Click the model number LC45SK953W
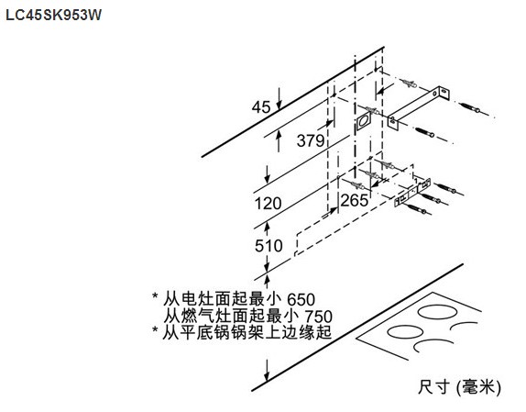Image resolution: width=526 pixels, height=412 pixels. click(53, 15)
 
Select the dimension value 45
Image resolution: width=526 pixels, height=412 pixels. click(261, 107)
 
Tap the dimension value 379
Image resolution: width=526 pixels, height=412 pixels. click(311, 140)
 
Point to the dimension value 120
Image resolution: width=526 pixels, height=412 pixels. click(268, 204)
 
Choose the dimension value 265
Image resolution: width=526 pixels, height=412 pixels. click(355, 201)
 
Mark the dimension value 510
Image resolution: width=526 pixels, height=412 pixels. click(268, 246)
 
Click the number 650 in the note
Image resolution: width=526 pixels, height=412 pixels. click(301, 299)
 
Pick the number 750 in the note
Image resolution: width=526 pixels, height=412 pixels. click(318, 317)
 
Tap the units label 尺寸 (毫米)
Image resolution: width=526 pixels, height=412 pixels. click(459, 387)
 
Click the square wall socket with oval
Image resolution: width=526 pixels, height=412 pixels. click(363, 121)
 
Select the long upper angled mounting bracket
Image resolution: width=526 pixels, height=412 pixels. click(419, 107)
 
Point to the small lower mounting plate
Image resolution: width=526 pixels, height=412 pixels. click(412, 193)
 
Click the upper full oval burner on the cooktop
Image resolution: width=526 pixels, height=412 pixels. click(437, 312)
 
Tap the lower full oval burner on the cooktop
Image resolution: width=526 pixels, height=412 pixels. click(405, 332)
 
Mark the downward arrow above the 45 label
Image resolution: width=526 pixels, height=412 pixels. click(279, 98)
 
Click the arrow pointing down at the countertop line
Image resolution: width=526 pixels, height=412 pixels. click(267, 371)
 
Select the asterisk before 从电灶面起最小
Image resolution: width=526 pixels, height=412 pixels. click(155, 296)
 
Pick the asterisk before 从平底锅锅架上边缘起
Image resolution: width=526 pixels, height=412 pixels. click(155, 329)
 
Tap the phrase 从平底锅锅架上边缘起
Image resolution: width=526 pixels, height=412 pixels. click(247, 332)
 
